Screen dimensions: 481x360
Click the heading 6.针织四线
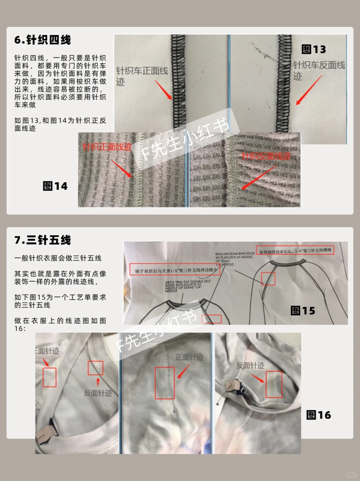[x=42, y=40]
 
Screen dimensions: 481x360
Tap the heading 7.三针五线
[x=42, y=240]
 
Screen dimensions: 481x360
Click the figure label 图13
[x=313, y=49]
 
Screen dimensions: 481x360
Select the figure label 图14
[x=55, y=186]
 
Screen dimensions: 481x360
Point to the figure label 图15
[x=303, y=311]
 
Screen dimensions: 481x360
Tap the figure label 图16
[x=318, y=415]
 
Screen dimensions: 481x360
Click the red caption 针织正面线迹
[x=107, y=147]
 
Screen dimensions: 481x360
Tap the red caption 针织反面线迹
[x=266, y=156]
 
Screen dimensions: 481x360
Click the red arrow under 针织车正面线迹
[x=163, y=90]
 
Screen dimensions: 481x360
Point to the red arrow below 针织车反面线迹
[x=309, y=90]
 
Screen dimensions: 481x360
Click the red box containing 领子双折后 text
[x=175, y=270]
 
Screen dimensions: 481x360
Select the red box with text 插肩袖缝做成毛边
[x=295, y=250]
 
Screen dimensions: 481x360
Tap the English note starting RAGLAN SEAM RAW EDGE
[x=235, y=259]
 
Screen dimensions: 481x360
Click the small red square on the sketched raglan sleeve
[x=268, y=279]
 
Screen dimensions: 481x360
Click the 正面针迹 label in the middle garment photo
[x=189, y=357]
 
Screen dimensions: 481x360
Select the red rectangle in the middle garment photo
[x=165, y=383]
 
